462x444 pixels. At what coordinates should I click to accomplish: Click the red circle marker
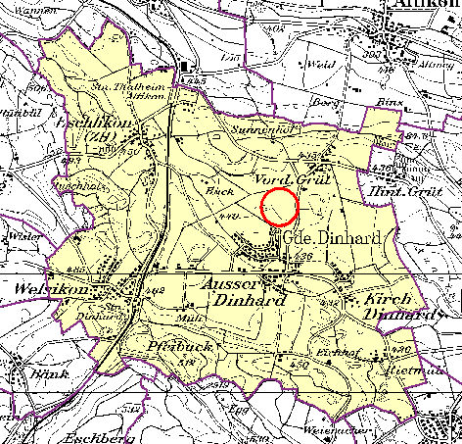click(281, 208)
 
